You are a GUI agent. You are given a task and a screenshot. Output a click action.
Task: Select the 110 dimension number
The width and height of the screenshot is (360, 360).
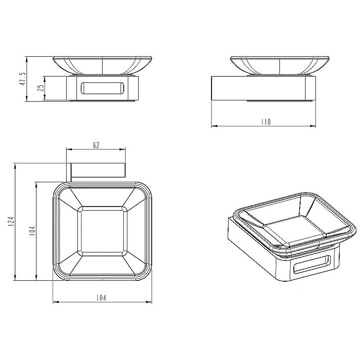(265, 122)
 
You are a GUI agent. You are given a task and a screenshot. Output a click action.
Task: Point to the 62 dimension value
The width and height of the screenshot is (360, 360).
(96, 145)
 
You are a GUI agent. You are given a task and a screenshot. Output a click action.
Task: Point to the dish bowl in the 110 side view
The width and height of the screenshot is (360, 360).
(279, 66)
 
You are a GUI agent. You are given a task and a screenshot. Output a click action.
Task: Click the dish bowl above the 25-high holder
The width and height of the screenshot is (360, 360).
(103, 66)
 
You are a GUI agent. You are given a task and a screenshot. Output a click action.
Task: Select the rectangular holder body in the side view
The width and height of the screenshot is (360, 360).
(264, 89)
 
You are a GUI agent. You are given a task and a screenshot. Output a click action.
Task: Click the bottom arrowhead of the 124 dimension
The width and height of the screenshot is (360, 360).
(16, 279)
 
